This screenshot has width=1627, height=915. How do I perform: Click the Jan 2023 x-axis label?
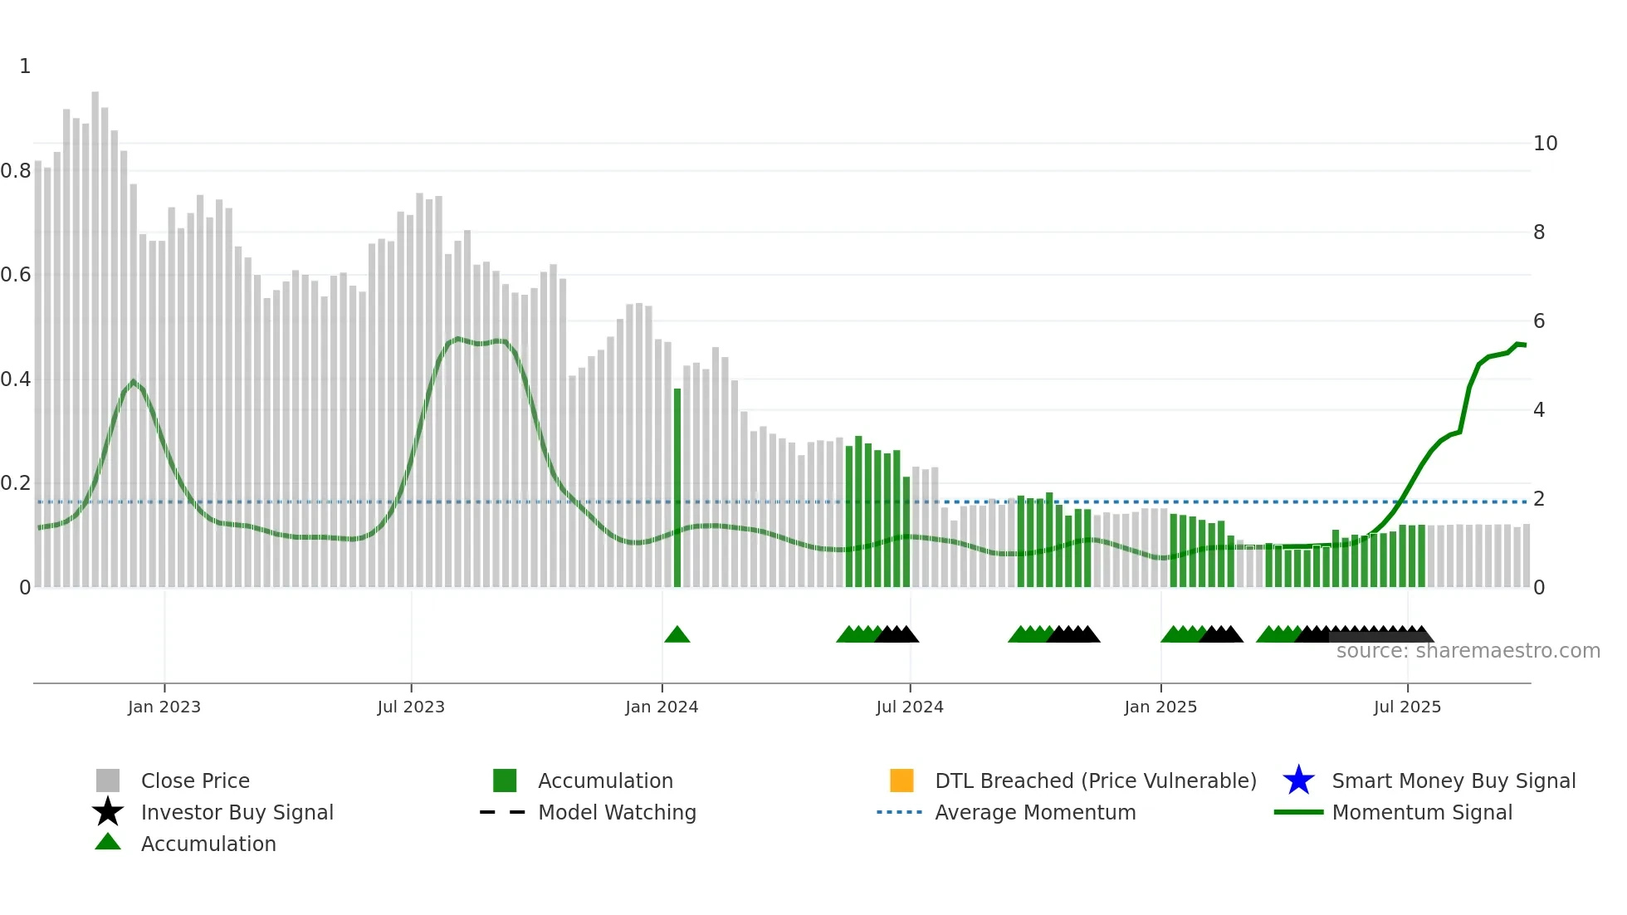(x=164, y=707)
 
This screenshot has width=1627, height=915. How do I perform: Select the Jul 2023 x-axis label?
(x=411, y=707)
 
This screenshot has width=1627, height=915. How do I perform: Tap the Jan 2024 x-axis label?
(x=662, y=707)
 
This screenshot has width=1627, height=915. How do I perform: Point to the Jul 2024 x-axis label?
(x=910, y=707)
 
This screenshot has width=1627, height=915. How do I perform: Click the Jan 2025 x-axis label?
(x=1160, y=707)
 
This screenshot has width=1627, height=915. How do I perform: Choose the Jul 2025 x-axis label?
(x=1407, y=707)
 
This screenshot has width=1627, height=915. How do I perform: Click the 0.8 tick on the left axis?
(x=16, y=171)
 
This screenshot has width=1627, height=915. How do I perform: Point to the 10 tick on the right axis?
(x=1545, y=144)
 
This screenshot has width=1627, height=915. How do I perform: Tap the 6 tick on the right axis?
(x=1539, y=321)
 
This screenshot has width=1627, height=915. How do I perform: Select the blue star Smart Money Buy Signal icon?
(x=1298, y=780)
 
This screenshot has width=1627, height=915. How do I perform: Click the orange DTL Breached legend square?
(x=901, y=780)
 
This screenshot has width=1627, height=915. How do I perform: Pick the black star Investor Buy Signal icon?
(x=108, y=812)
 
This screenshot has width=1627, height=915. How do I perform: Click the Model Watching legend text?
(x=617, y=812)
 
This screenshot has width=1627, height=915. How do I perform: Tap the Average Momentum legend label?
(x=1035, y=812)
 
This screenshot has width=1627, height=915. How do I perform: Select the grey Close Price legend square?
(x=108, y=780)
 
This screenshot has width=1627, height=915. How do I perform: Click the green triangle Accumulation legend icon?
(x=108, y=842)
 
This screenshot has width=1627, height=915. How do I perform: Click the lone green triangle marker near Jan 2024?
(x=677, y=635)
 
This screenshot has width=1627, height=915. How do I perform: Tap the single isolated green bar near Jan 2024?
(x=677, y=490)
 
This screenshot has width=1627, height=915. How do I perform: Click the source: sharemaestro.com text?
(x=1468, y=651)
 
